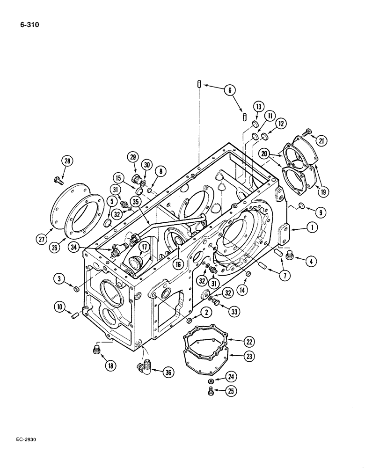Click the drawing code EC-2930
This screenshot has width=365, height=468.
point(23,440)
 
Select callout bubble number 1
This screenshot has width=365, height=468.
point(312,229)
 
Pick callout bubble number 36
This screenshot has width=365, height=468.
point(167,373)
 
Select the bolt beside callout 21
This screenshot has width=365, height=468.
point(308,134)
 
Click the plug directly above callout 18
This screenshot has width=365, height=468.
point(96,349)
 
